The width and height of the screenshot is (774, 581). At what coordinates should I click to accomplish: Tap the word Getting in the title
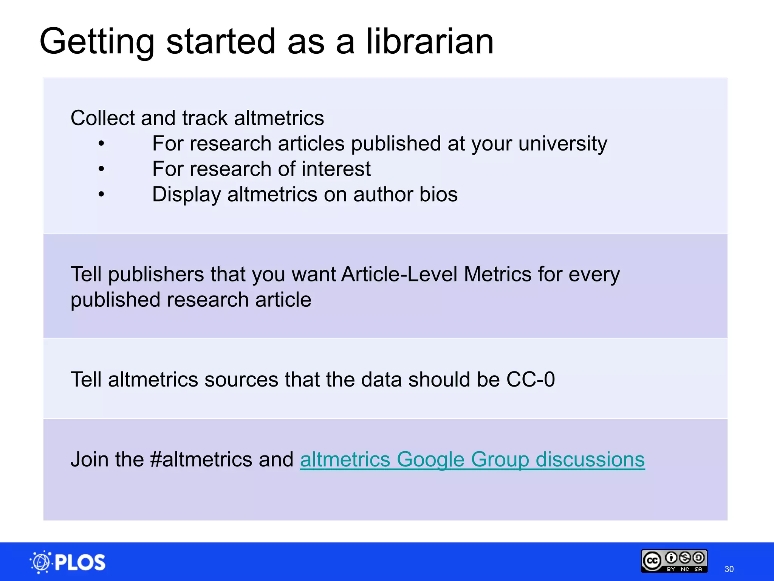[97, 42]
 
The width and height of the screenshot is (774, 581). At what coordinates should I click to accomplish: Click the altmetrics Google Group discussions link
[472, 460]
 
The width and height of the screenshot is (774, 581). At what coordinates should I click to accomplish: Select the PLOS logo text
[80, 562]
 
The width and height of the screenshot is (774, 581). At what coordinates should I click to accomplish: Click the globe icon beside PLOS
[40, 562]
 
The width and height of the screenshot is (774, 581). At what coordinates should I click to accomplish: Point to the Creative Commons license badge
[674, 561]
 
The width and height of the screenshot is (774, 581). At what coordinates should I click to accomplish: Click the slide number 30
[729, 569]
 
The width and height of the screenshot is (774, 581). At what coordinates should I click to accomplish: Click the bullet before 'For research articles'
[101, 144]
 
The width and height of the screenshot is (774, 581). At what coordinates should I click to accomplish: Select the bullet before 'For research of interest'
[101, 169]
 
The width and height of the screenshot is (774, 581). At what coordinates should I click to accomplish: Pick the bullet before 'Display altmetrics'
[101, 194]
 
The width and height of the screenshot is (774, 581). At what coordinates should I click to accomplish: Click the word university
[563, 144]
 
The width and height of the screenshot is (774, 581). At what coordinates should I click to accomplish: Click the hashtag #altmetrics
[201, 460]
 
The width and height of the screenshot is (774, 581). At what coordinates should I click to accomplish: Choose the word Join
[90, 460]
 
